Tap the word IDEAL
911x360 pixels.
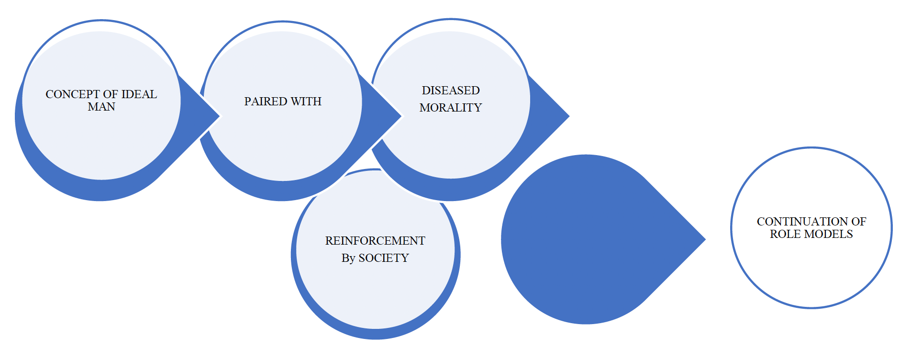[139, 94]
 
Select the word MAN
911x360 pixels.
[101, 107]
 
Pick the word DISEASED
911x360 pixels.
[451, 90]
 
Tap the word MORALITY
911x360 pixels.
[451, 108]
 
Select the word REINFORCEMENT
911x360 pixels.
[375, 241]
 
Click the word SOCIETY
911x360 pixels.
[384, 258]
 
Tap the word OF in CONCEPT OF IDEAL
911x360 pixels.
[110, 94]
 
